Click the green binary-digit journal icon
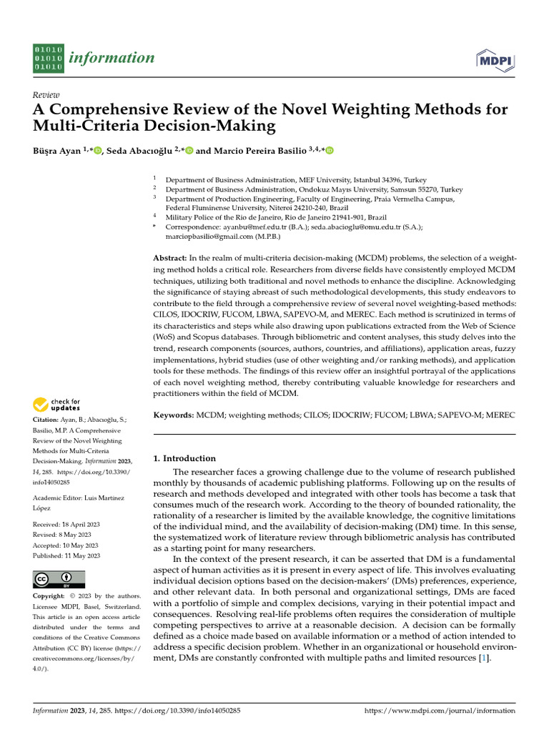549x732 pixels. pos(48,58)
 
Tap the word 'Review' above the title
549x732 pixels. pos(46,95)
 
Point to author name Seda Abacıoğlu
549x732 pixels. pos(139,150)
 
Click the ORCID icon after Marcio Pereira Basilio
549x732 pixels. pos(330,150)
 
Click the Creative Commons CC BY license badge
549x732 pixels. pos(59,579)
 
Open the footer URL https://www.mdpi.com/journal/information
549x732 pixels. pos(440,711)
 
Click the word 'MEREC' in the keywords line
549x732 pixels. pos(500,415)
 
